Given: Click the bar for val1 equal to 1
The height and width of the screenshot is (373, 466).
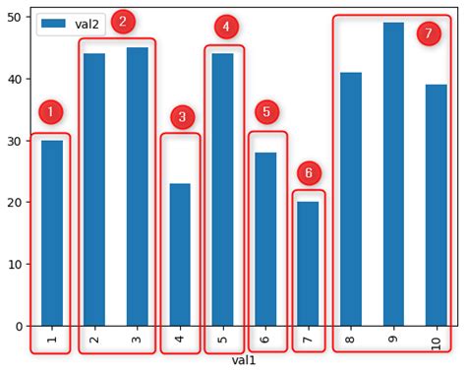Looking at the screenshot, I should point(52,233).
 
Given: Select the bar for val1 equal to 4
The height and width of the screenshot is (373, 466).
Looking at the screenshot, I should point(180,255).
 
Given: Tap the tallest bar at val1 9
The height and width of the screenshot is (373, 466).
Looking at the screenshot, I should point(393,174).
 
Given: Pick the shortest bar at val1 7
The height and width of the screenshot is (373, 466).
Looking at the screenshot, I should point(308,264).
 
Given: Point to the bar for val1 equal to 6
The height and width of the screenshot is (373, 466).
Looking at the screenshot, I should point(265,239).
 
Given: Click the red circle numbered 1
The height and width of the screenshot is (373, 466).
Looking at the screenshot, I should point(51,112).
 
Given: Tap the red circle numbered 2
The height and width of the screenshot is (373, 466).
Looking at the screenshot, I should point(123,22).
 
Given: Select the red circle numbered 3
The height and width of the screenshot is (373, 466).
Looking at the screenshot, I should point(182,118).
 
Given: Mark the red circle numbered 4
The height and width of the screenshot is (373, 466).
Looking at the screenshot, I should point(226,27).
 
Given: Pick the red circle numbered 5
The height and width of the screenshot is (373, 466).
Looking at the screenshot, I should point(266,112).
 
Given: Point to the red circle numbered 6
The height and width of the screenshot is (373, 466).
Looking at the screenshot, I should point(309,173).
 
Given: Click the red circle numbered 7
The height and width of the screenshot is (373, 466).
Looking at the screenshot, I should point(429,33).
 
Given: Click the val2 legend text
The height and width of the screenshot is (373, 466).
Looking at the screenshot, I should point(87,25).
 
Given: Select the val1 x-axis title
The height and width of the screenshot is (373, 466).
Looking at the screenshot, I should point(244,361).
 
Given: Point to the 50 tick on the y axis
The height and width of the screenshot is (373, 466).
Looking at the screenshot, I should point(17,17).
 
